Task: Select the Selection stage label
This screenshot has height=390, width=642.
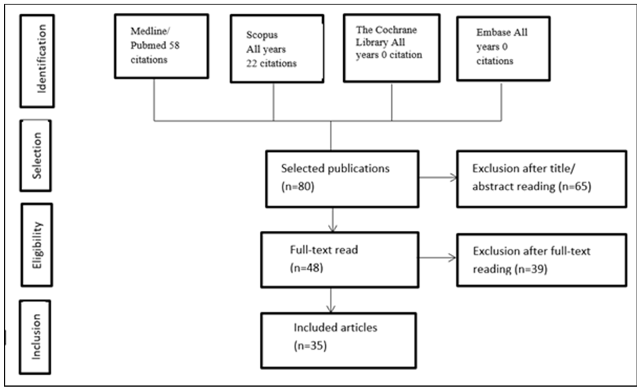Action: (37, 156)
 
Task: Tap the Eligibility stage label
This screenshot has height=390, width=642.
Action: (37, 245)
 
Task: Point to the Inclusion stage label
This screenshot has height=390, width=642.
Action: (36, 337)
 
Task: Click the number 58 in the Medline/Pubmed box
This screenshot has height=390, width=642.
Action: (174, 45)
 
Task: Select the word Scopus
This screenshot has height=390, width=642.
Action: (262, 35)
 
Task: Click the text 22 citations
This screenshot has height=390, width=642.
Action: (271, 63)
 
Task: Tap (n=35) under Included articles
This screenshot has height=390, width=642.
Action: (310, 346)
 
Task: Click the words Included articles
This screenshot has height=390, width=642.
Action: (335, 328)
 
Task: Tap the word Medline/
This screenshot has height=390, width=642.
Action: (150, 31)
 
